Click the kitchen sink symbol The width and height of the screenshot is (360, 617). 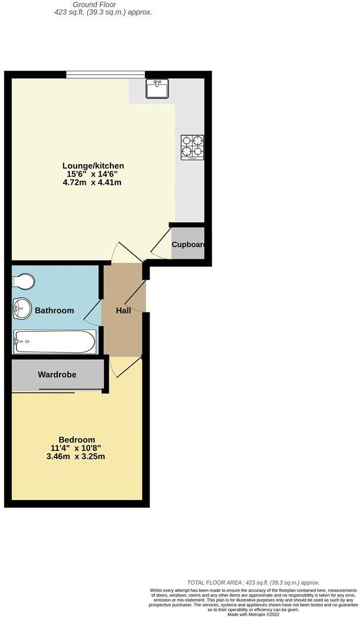(157, 89)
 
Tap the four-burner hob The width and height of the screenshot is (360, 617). (192, 147)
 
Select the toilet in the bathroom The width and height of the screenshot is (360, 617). (23, 282)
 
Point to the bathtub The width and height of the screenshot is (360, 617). (54, 341)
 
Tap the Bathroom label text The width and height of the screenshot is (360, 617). (54, 310)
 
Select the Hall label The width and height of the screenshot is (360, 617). (123, 310)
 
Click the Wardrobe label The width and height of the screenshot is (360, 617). (57, 375)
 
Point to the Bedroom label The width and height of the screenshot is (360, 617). (77, 440)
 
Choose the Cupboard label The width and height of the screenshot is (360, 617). (188, 244)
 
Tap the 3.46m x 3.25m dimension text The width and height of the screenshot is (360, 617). (77, 456)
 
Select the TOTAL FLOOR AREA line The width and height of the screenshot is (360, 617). (254, 583)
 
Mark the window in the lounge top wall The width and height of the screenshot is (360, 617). (105, 74)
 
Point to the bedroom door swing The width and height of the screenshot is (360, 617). (126, 366)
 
